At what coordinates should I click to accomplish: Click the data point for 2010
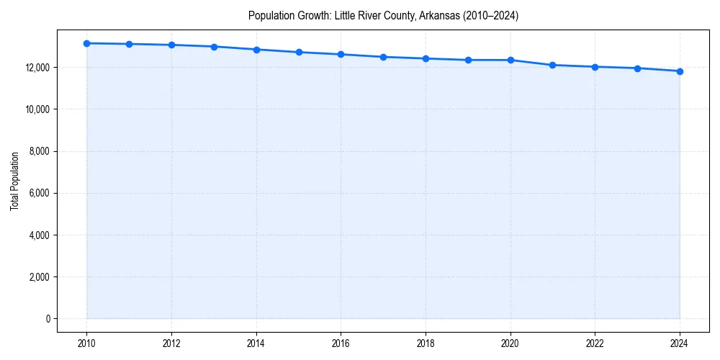pyautogui.click(x=86, y=43)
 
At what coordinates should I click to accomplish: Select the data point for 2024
pyautogui.click(x=680, y=71)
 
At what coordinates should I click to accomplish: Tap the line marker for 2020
pyautogui.click(x=510, y=60)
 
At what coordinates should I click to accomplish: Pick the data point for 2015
pyautogui.click(x=299, y=52)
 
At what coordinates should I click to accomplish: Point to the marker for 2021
pyautogui.click(x=552, y=65)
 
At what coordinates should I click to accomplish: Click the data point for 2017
pyautogui.click(x=383, y=57)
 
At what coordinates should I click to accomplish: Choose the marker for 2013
pyautogui.click(x=214, y=47)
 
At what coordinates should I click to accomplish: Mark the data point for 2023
pyautogui.click(x=637, y=68)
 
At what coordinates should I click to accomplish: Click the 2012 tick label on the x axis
pyautogui.click(x=171, y=343)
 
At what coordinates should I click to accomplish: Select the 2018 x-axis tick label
pyautogui.click(x=426, y=343)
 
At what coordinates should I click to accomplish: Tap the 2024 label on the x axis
pyautogui.click(x=680, y=343)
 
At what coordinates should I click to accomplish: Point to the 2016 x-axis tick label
pyautogui.click(x=341, y=343)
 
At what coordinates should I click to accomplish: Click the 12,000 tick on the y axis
pyautogui.click(x=36, y=68)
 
